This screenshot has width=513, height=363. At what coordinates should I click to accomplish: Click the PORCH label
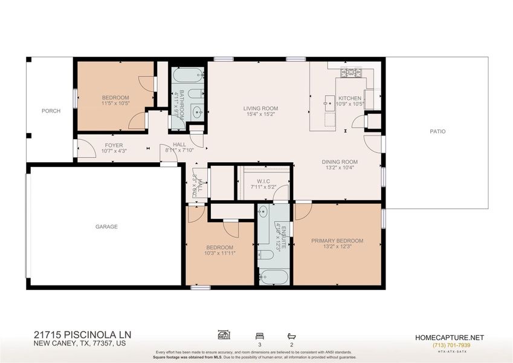(51, 111)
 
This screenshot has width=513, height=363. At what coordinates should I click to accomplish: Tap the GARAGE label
(106, 227)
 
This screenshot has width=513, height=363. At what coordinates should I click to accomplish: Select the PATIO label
(437, 131)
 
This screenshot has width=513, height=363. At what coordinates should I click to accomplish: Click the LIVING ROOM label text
(260, 109)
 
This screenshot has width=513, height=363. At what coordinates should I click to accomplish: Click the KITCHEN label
(349, 98)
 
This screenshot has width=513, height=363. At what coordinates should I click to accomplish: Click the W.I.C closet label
(262, 181)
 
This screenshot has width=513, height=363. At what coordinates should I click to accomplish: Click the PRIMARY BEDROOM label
(337, 241)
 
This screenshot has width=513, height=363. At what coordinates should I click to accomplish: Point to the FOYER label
(114, 145)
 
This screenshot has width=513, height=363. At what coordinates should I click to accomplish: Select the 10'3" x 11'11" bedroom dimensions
(219, 253)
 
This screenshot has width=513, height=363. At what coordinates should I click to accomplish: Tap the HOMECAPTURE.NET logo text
(449, 338)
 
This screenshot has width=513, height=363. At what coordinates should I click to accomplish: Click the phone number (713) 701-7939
(449, 345)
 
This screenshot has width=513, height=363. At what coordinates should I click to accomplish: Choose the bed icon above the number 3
(259, 335)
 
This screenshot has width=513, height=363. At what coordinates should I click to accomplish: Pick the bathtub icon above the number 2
(291, 335)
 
